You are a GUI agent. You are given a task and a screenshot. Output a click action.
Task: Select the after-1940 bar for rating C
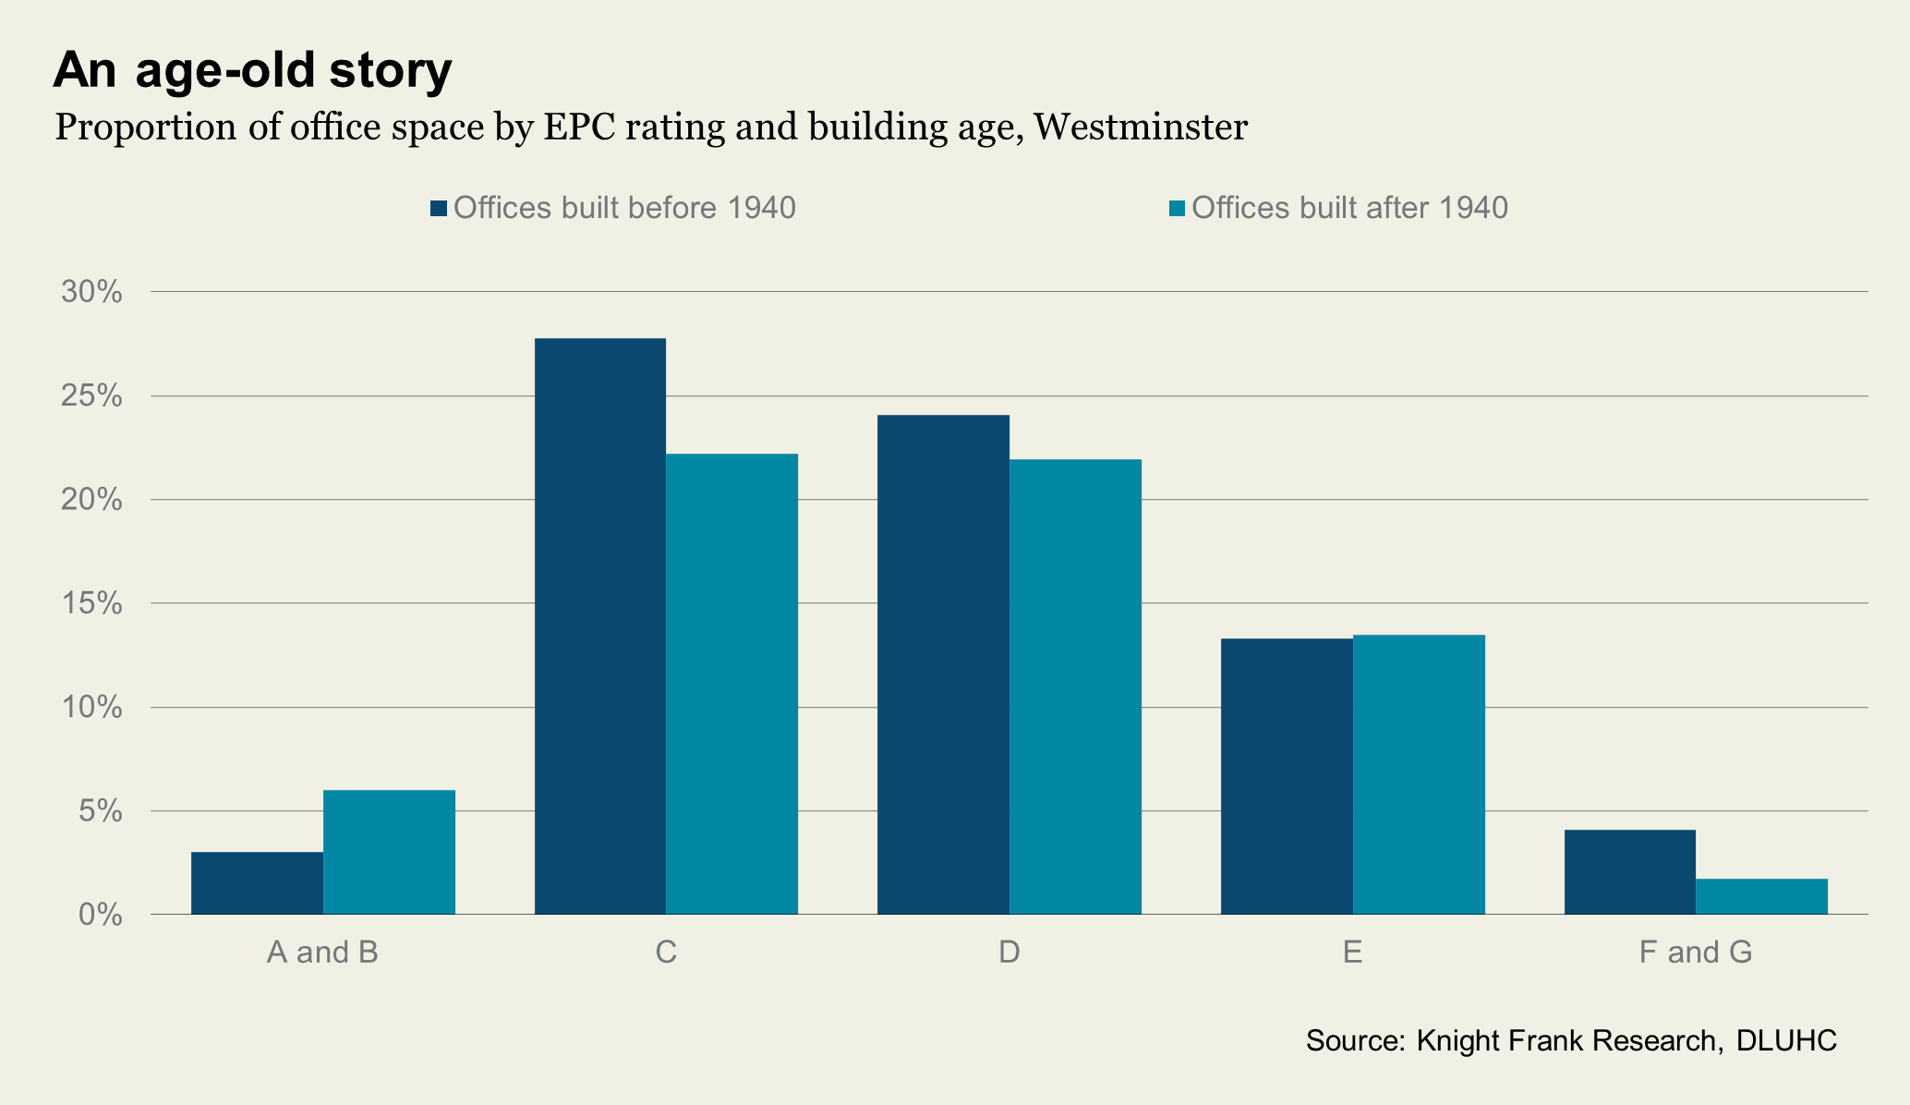pyautogui.click(x=732, y=684)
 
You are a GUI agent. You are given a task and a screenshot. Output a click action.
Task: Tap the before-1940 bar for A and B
pyautogui.click(x=257, y=883)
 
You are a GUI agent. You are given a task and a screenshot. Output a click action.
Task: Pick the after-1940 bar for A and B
pyautogui.click(x=389, y=852)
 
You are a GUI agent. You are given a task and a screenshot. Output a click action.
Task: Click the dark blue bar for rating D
pyautogui.click(x=943, y=664)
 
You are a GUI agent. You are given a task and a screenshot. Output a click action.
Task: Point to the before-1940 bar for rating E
pyautogui.click(x=1287, y=776)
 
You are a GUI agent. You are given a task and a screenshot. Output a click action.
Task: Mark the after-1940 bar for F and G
pyautogui.click(x=1761, y=896)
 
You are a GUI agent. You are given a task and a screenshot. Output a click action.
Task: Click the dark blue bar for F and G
pyautogui.click(x=1630, y=872)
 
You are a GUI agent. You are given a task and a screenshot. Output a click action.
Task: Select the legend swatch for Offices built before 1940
pyautogui.click(x=439, y=208)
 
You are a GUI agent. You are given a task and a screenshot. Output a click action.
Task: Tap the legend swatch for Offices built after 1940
pyautogui.click(x=1177, y=208)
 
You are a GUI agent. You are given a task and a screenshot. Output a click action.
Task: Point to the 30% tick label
pyautogui.click(x=91, y=292)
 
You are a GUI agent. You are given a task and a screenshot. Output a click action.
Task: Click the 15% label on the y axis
pyautogui.click(x=91, y=603)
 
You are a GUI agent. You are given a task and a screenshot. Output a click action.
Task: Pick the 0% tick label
pyautogui.click(x=100, y=915)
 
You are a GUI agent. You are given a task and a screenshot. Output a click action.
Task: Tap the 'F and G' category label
pyautogui.click(x=1695, y=952)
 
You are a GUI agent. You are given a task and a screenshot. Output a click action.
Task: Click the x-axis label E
pyautogui.click(x=1352, y=952)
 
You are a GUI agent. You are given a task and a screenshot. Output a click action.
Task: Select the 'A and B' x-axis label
pyautogui.click(x=322, y=952)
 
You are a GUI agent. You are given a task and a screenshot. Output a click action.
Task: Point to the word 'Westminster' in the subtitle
pyautogui.click(x=1141, y=127)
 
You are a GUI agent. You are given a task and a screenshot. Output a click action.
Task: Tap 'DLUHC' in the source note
pyautogui.click(x=1786, y=1040)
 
